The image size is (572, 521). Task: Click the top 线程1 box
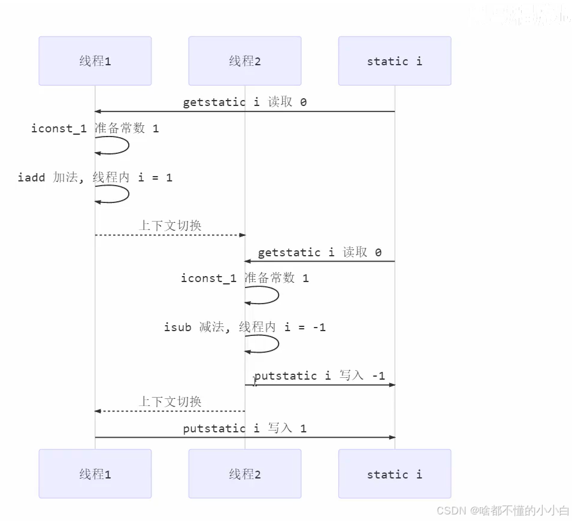coord(95,61)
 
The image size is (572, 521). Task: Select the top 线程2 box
coord(245,61)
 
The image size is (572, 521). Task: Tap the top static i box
coord(395,61)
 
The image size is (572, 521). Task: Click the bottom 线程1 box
coord(95,474)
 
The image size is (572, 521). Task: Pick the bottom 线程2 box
coord(245,474)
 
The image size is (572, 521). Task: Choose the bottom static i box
coord(395,474)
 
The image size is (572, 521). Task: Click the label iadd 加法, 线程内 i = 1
coord(95,177)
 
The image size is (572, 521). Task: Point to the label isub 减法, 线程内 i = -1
coord(245,327)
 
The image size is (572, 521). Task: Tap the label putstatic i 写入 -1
coord(319,375)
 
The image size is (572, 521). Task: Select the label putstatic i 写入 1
coord(245,428)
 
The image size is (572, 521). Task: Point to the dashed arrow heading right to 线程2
coord(170,235)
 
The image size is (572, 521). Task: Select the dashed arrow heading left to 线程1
coord(170,411)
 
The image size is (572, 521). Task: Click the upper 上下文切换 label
coord(170,225)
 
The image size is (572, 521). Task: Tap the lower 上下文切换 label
coord(170,401)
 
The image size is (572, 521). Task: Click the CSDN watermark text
coord(503,510)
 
